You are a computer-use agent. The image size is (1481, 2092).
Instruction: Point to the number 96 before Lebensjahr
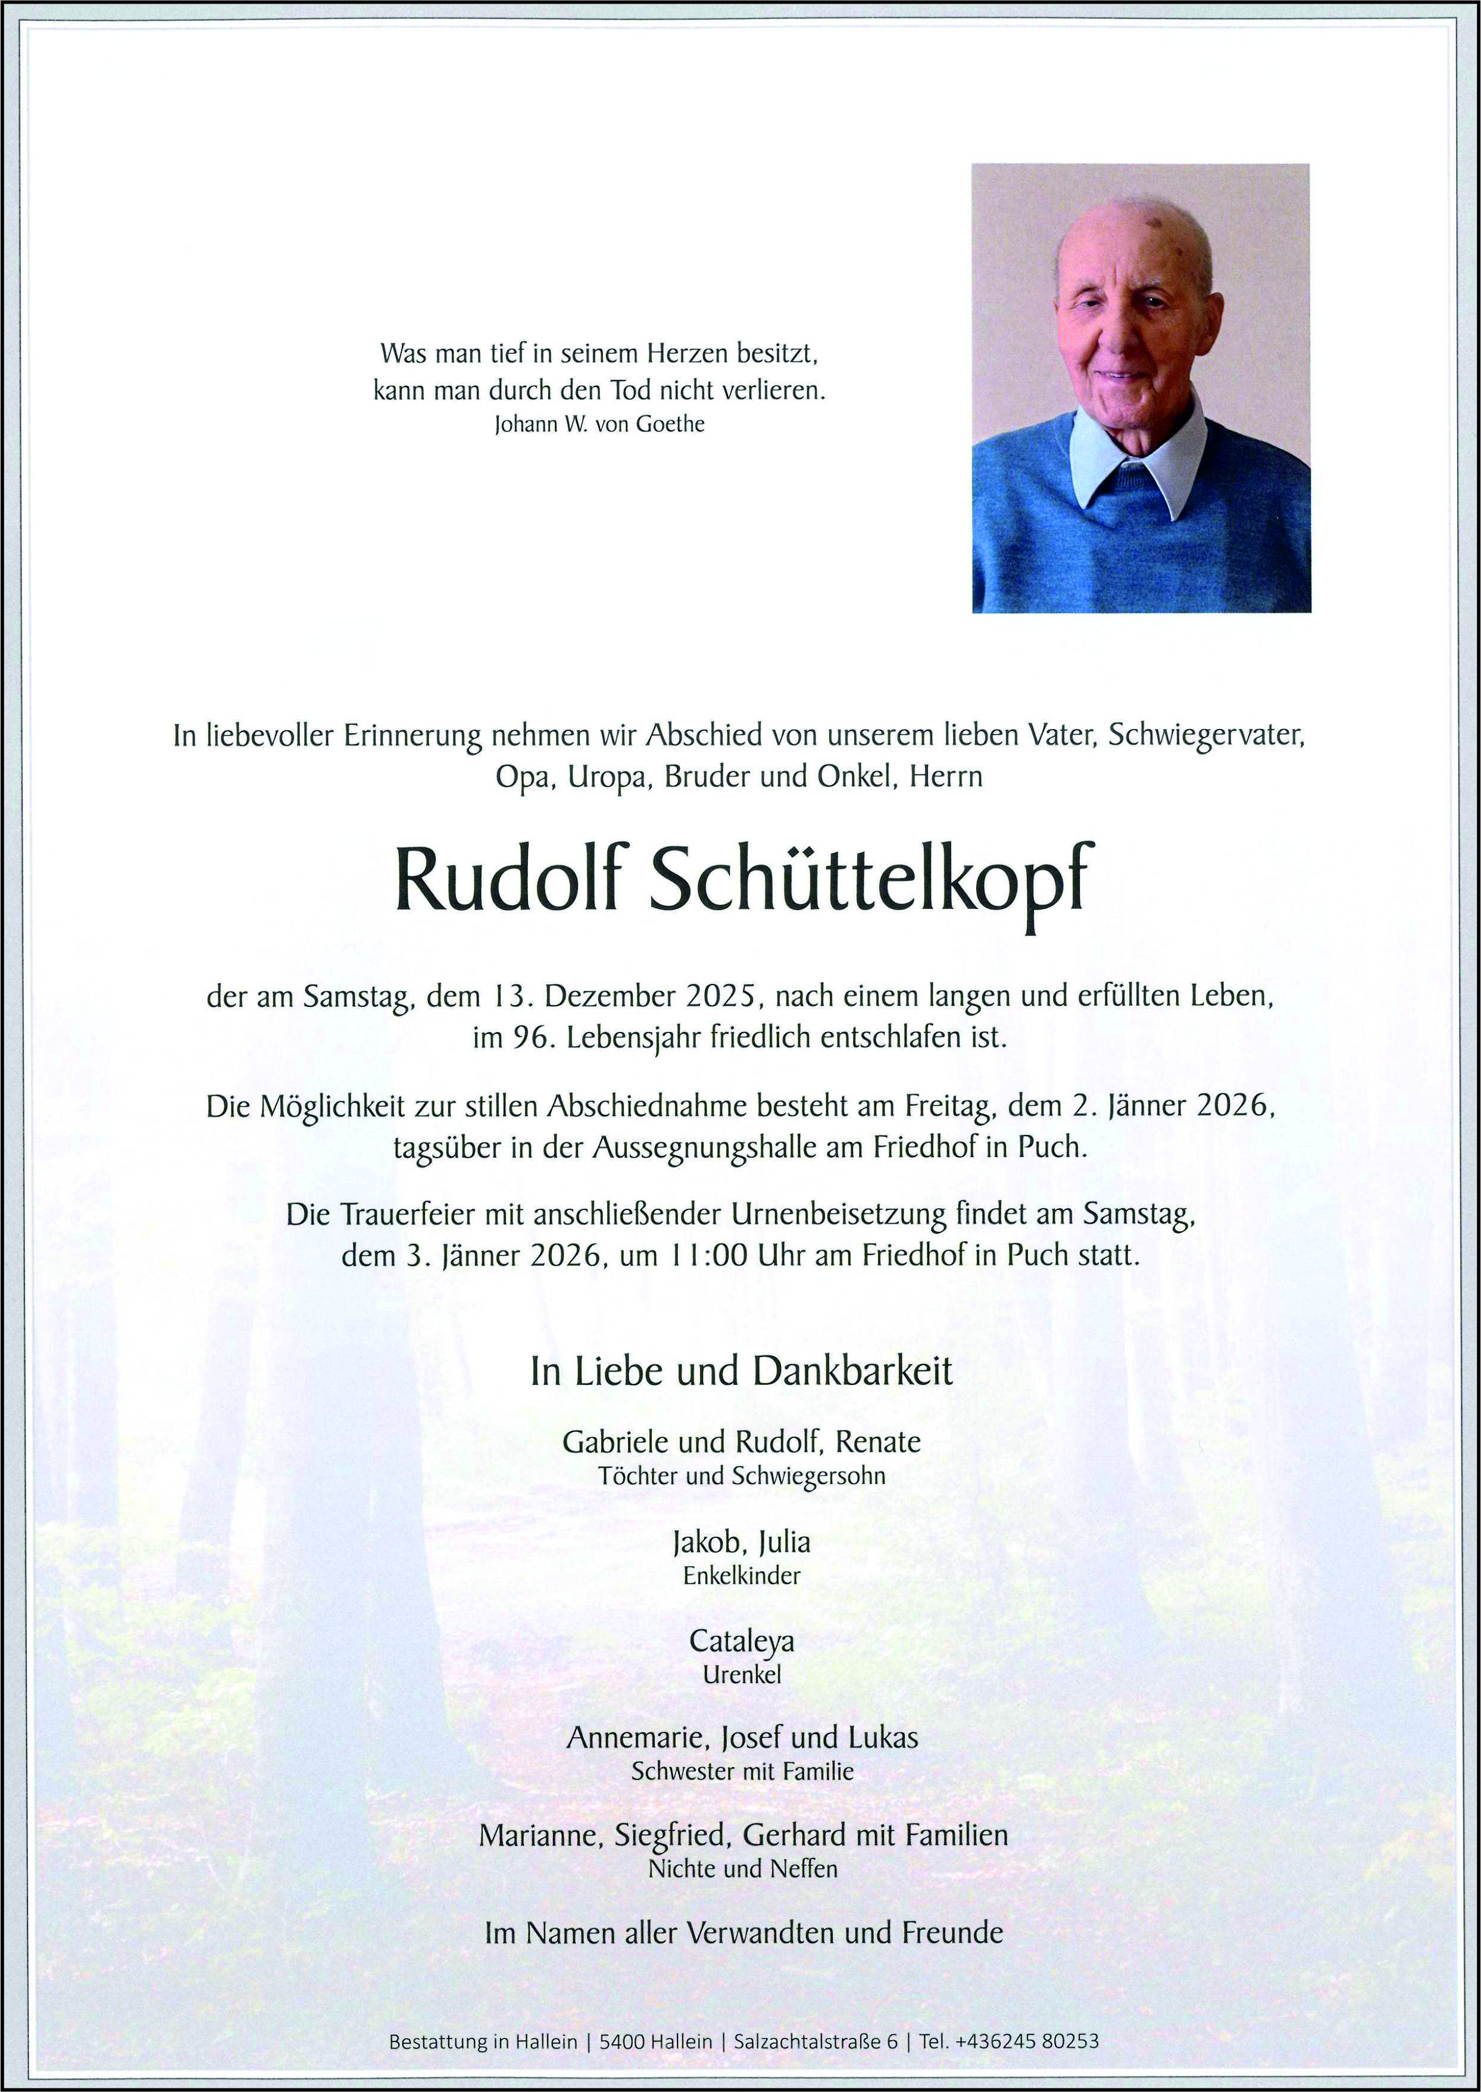coord(529,1037)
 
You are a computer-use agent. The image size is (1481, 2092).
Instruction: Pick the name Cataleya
coord(742,1641)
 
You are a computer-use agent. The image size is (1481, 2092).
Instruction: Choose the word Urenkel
coord(742,1675)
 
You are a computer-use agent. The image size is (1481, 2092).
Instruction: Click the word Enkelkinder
coord(742,1575)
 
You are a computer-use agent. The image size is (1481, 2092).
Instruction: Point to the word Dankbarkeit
coord(852,1371)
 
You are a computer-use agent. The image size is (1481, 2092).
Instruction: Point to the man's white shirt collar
coord(1140,456)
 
